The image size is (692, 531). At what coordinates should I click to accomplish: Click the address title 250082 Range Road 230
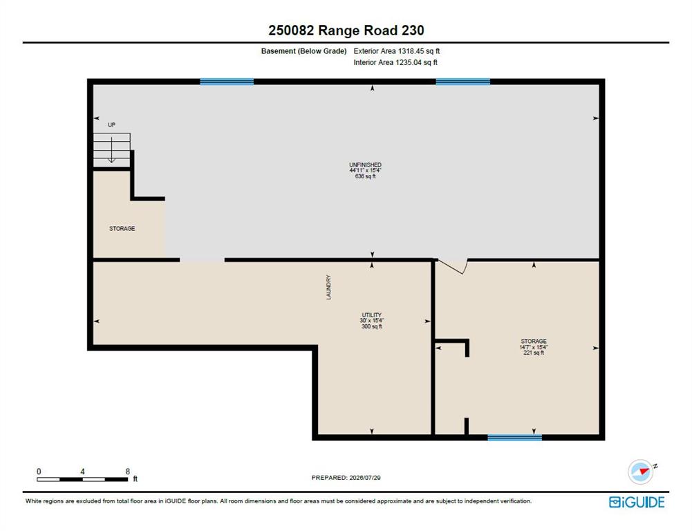346,30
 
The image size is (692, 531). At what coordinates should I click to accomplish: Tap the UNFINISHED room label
366,165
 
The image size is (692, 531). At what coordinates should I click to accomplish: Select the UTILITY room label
372,315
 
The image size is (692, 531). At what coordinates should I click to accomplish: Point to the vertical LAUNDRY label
328,288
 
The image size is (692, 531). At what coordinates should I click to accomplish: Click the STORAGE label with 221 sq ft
534,341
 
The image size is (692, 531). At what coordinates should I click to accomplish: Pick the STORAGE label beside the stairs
122,229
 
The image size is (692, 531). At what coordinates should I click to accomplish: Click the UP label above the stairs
112,125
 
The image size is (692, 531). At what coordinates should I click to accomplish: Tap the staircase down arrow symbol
112,150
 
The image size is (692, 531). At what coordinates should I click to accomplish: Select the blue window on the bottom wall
514,438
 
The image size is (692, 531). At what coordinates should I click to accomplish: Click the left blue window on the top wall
227,82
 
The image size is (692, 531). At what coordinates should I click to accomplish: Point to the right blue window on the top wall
463,82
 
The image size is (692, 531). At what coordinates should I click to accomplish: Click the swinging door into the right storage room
452,267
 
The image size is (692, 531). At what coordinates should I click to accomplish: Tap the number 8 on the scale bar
127,472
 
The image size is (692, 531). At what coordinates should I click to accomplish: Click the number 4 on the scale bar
82,472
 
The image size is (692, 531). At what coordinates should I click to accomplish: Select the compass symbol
642,472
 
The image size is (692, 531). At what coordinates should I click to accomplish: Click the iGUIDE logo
637,503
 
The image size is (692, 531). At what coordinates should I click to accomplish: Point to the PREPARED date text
346,478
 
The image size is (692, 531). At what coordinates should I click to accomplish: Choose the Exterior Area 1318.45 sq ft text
397,51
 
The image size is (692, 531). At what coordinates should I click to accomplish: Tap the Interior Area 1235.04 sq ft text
395,63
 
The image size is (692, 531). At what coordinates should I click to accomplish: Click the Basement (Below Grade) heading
303,51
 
